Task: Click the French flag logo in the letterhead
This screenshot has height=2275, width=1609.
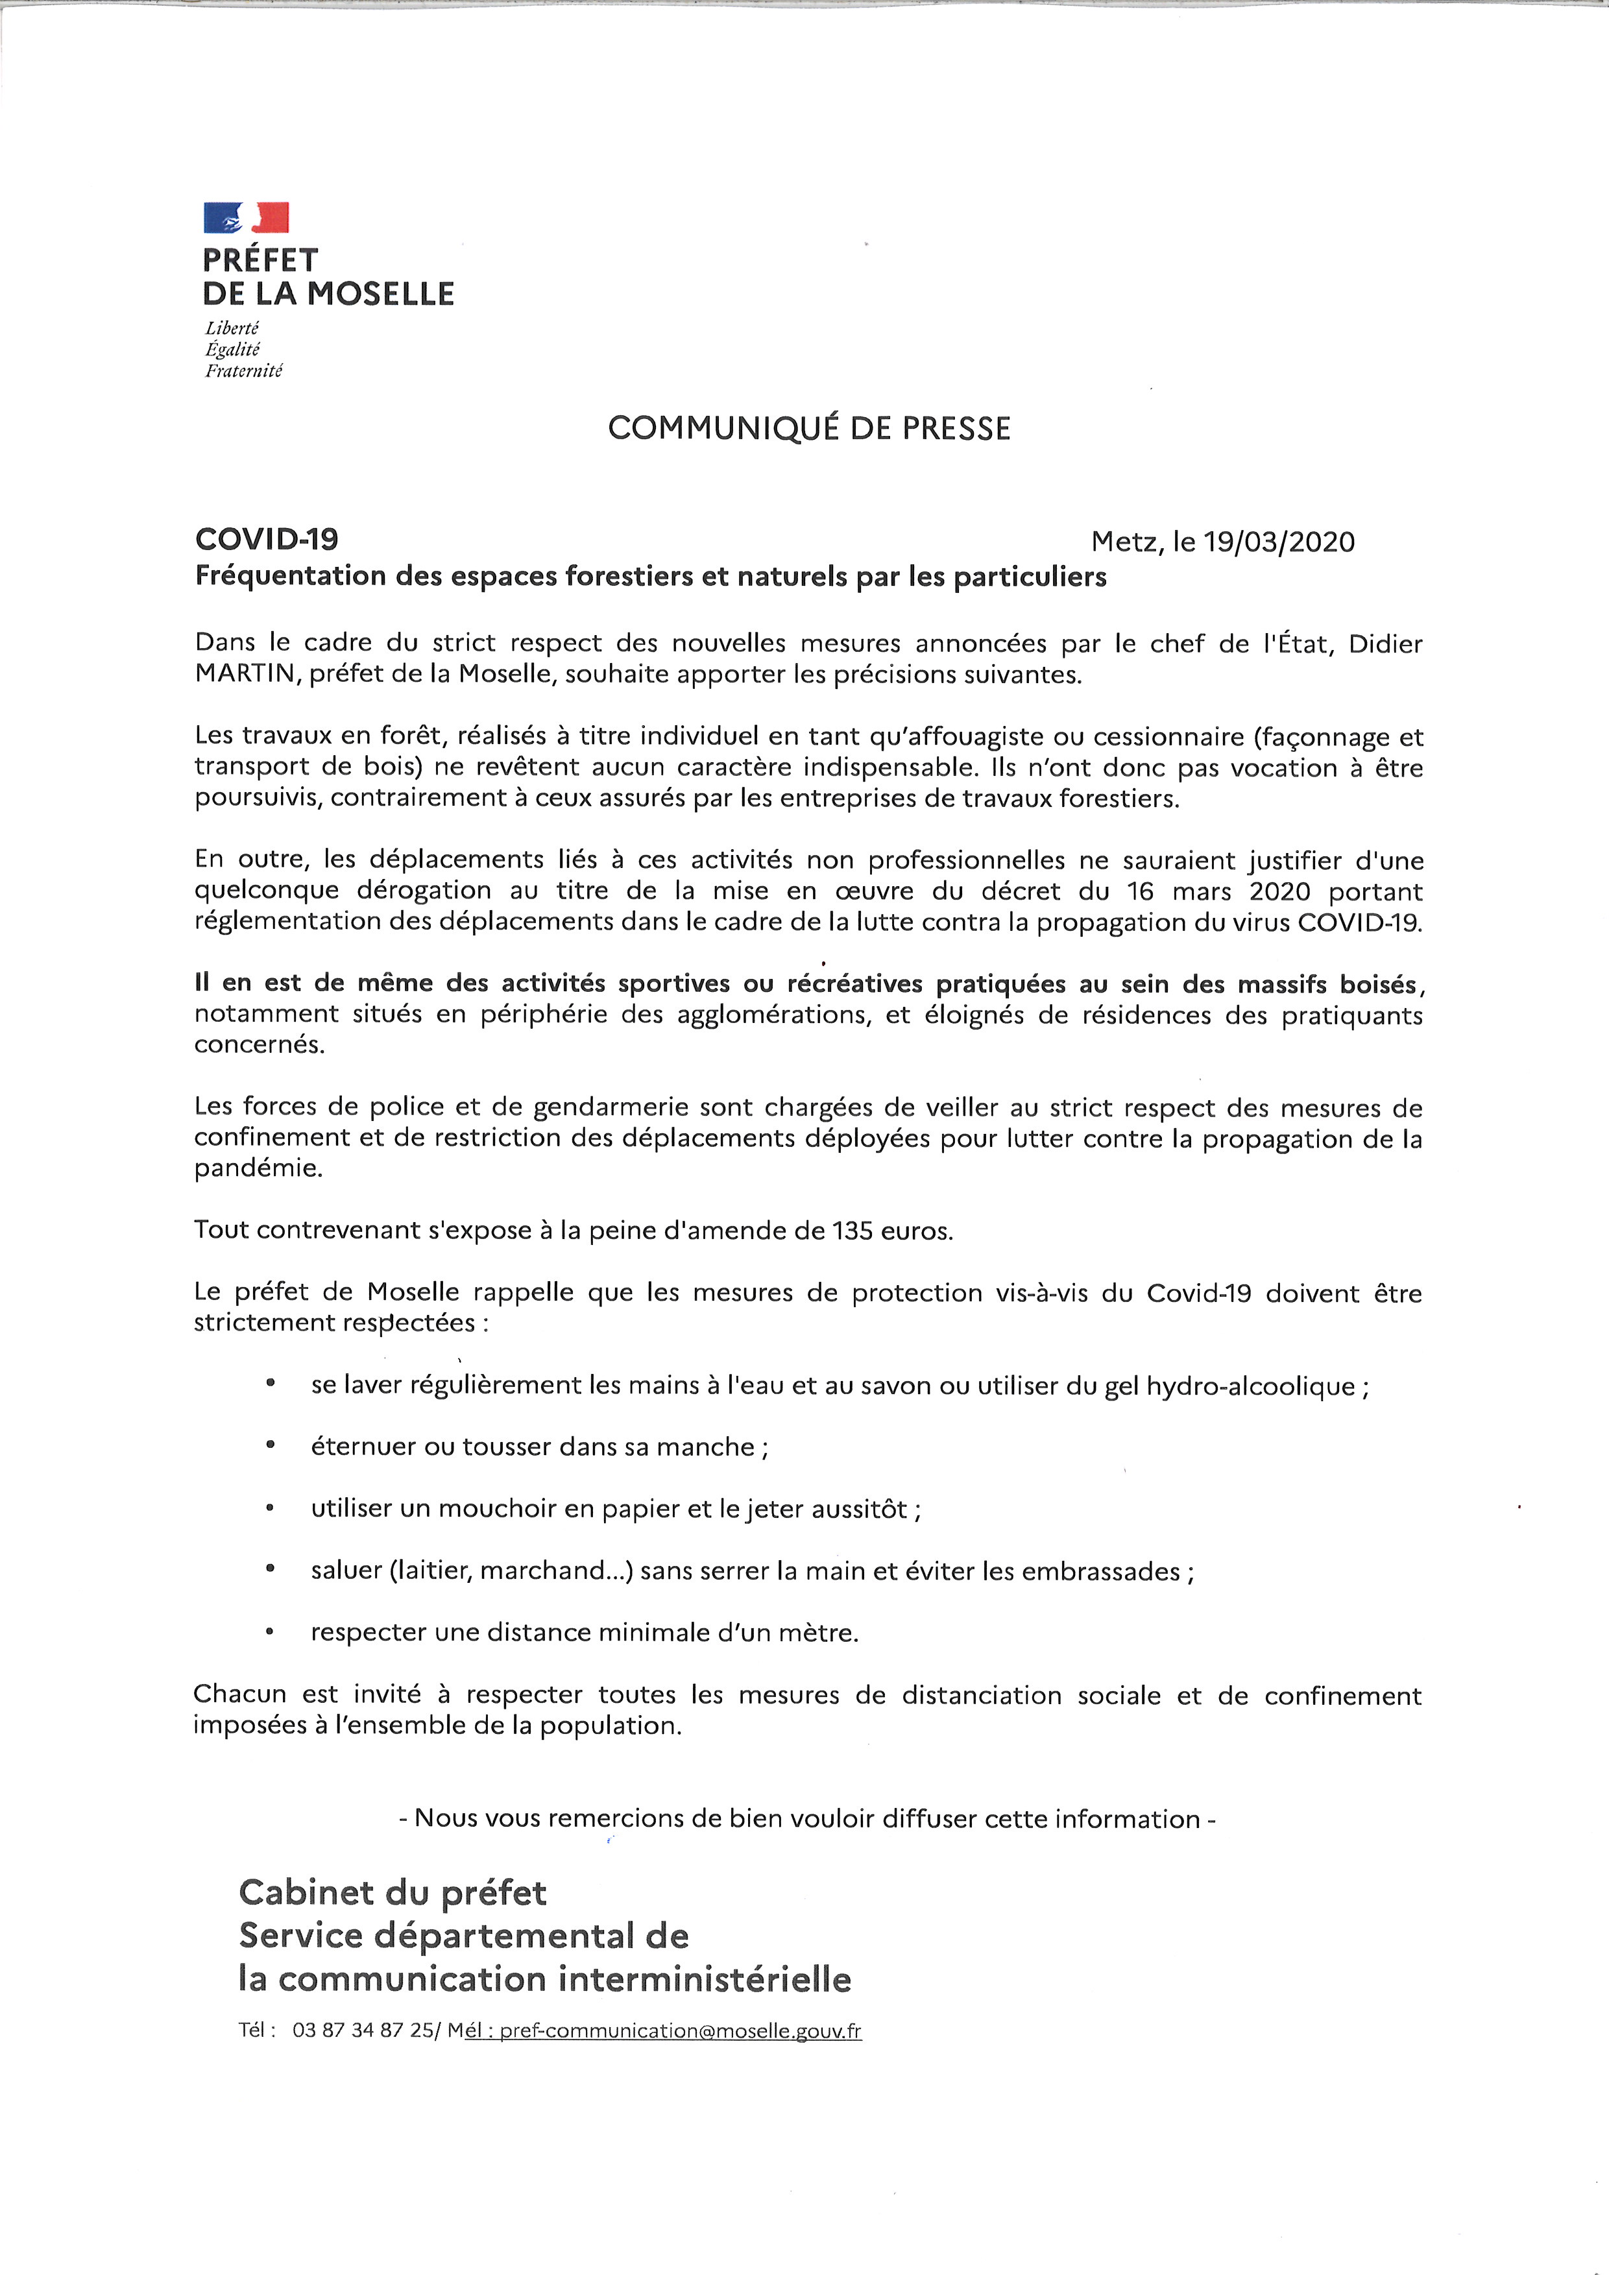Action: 246,217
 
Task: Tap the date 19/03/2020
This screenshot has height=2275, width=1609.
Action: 1278,542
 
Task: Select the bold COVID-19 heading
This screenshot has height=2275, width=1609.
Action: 267,540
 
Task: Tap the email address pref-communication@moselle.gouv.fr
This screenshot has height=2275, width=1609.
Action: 680,2030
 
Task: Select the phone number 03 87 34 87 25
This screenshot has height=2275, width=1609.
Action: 363,2030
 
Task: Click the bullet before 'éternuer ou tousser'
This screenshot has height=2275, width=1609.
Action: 269,1446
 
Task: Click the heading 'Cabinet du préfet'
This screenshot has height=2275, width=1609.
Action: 393,1892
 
